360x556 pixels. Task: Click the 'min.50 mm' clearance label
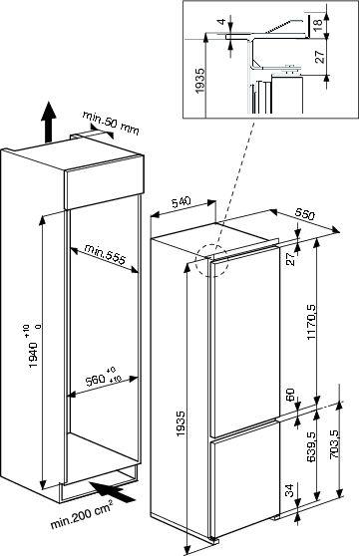tap(111, 123)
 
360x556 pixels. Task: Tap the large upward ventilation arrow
tap(48, 122)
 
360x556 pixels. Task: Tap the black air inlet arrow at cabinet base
tap(113, 491)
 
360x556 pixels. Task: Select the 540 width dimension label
tap(181, 202)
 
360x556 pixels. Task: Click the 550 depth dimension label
tap(304, 214)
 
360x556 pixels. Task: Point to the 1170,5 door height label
tap(311, 322)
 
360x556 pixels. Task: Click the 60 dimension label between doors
tap(290, 394)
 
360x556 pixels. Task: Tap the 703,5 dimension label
tap(333, 445)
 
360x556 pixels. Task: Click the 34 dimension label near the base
tap(290, 491)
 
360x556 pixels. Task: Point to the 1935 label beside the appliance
tap(180, 423)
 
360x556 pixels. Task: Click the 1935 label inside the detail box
tap(200, 81)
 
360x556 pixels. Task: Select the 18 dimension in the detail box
tap(319, 22)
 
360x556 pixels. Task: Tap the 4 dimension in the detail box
tap(221, 22)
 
